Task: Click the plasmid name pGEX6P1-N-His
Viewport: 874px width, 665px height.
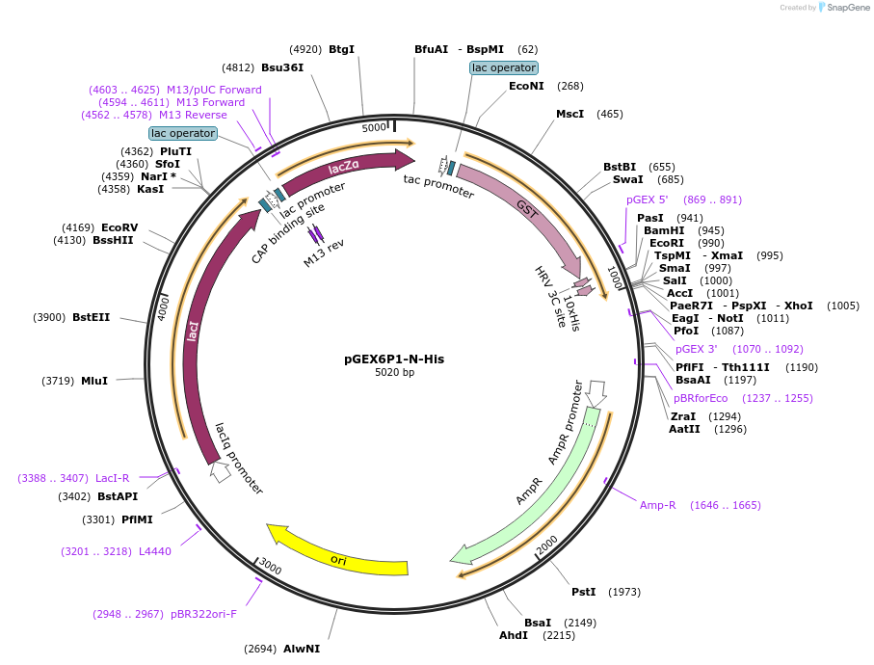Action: coord(394,359)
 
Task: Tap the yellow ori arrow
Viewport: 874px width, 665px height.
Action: coord(337,557)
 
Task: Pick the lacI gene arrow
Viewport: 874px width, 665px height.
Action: coord(195,332)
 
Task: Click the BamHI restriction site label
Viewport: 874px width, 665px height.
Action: coord(664,230)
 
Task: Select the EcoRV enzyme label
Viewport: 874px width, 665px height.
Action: coord(119,227)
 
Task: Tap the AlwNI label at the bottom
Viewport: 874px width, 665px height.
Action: coord(301,649)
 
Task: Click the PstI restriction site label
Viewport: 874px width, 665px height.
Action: coord(583,592)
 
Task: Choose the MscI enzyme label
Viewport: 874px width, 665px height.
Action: coord(569,114)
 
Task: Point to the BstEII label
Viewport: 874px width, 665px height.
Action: coord(91,317)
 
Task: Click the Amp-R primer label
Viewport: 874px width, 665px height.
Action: coord(657,505)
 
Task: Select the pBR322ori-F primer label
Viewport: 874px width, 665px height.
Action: coord(203,613)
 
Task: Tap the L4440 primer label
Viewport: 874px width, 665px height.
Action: coord(154,551)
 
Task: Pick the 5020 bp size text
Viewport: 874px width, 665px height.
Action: coord(394,373)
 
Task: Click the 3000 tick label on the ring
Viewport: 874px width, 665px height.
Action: coord(270,568)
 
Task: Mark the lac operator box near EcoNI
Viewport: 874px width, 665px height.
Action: coord(503,67)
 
